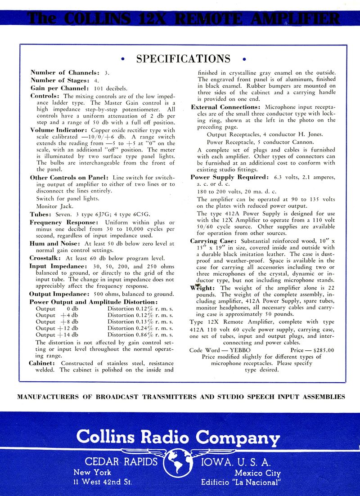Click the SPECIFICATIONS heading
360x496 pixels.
183,59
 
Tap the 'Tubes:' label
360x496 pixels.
42,214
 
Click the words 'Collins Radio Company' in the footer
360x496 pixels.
178,436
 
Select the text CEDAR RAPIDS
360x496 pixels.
121,462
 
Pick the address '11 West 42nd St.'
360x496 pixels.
103,483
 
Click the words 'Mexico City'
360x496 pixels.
257,473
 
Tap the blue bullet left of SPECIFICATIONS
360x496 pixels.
123,59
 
